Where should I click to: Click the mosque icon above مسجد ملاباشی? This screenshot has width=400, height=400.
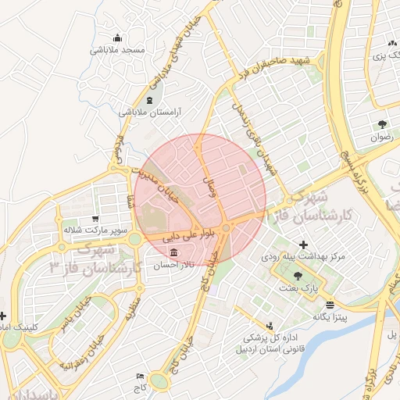118,37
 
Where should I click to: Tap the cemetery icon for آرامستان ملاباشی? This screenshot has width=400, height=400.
150,100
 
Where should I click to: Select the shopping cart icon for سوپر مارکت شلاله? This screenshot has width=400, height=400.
95,219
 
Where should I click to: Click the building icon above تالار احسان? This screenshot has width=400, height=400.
173,253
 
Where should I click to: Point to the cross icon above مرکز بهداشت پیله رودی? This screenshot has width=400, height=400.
303,245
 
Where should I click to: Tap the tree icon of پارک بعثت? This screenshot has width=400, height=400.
298,275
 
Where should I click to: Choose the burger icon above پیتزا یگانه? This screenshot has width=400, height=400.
330,305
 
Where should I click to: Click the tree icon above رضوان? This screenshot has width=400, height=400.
382,124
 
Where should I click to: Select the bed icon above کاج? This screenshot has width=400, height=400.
141,376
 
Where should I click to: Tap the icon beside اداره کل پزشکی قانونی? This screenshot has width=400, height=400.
270,326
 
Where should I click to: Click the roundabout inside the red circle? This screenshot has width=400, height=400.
226,227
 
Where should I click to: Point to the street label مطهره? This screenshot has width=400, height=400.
132,309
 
